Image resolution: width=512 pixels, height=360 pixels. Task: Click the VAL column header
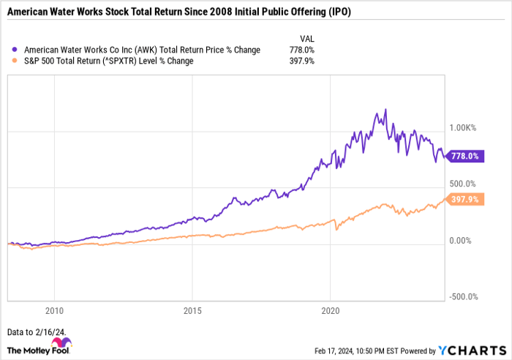click(x=308, y=37)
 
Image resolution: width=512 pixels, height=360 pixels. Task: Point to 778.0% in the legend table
click(x=302, y=50)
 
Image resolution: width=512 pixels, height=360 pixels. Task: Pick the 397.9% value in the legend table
click(x=302, y=61)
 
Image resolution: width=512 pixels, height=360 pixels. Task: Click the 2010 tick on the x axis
click(x=53, y=309)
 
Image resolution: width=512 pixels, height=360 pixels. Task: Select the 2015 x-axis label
click(x=192, y=309)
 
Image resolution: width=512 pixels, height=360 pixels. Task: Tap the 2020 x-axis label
click(x=330, y=309)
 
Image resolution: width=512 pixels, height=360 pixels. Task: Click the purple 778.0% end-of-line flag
click(x=464, y=156)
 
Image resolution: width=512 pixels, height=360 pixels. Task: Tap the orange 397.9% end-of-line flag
click(x=464, y=199)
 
